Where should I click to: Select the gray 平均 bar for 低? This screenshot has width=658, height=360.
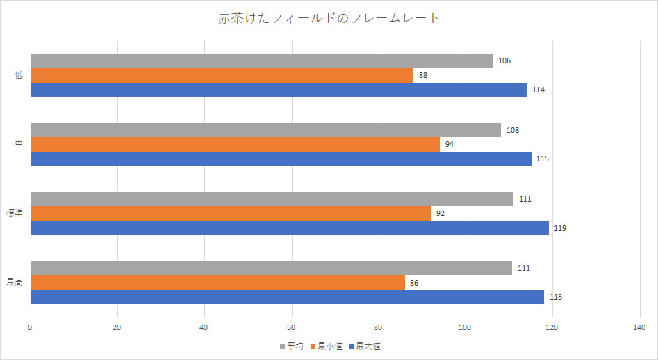[x=261, y=61]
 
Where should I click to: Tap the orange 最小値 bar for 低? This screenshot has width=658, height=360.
[x=222, y=75]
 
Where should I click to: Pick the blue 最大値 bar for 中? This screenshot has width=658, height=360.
[x=281, y=158]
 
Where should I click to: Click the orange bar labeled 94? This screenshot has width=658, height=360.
[x=235, y=145]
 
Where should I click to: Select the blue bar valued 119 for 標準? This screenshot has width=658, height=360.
[x=290, y=228]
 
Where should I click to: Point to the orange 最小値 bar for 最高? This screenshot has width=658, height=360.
[x=217, y=283]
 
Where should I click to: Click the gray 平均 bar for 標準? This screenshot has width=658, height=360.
[x=272, y=199]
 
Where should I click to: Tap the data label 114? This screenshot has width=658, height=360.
[x=538, y=90]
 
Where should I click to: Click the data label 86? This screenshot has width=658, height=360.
[x=414, y=283]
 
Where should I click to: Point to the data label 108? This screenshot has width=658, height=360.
[x=513, y=130]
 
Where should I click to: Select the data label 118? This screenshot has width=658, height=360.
[x=555, y=297]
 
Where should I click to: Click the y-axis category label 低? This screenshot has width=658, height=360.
[x=19, y=75]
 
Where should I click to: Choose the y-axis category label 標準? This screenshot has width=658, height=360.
[x=15, y=213]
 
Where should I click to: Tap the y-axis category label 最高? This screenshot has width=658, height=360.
[x=15, y=283]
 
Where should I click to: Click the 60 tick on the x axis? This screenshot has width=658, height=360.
[x=291, y=327]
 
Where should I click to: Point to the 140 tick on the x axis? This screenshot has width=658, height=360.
[x=639, y=327]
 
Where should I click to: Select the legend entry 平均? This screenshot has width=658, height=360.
[x=291, y=346]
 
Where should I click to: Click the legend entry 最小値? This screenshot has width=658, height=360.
[x=327, y=346]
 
